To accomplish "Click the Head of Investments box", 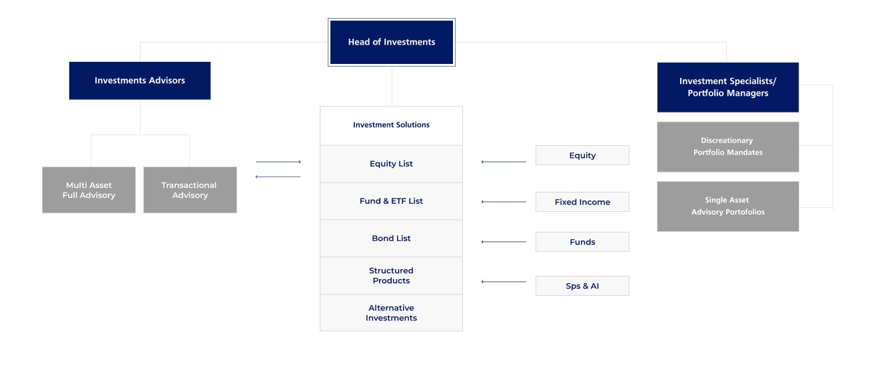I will point(391,42).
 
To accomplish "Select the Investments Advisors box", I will point(140,81).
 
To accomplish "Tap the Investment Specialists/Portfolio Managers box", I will point(727,87).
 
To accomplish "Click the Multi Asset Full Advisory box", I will point(89,190).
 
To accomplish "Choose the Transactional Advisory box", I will point(190,190).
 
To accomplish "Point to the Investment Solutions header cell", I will point(391,125).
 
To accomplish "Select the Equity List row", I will point(391,164).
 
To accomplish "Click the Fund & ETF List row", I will point(391,201).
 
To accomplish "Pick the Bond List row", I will point(391,238).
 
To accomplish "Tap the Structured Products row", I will point(391,276).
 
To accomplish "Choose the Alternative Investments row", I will point(391,313).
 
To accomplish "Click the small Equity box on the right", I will point(582,155).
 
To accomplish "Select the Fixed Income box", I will point(582,202).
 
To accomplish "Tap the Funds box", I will point(582,242).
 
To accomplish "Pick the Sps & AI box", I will point(582,286).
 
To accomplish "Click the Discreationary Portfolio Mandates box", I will point(727,147).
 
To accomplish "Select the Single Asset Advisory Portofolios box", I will point(727,206).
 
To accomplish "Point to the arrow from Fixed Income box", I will point(503,202).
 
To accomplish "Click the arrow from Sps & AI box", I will point(503,282).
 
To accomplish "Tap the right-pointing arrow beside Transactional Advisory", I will point(278,162).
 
